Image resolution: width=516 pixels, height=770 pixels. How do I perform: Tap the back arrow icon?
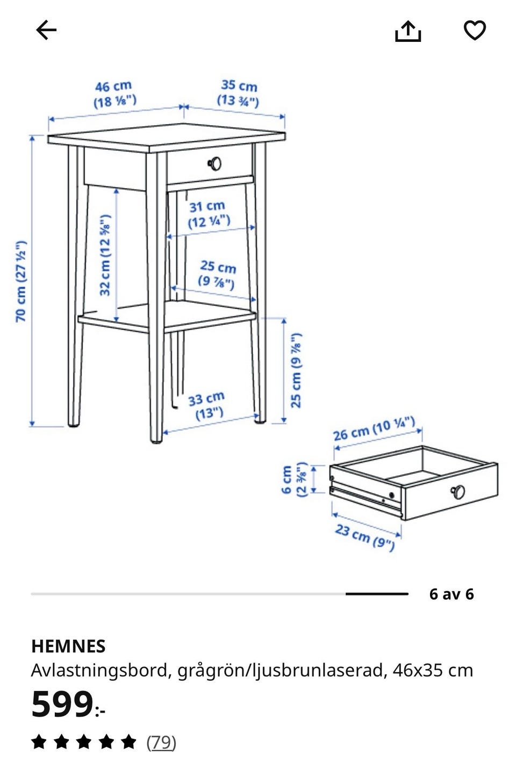coord(46,30)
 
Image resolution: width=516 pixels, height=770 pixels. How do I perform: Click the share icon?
coord(407,32)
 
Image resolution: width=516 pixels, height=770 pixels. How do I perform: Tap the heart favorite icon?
coord(475,30)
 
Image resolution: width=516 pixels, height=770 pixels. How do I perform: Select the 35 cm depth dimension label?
coord(239,93)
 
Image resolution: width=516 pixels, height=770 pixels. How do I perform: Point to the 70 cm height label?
coord(21,281)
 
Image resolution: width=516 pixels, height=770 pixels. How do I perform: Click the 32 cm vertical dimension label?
coord(105,255)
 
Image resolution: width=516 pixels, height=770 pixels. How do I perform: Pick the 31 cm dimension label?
coord(208,214)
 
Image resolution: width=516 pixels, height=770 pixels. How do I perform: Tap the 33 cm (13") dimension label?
coord(207,405)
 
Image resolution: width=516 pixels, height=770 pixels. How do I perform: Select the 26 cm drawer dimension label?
coord(374,428)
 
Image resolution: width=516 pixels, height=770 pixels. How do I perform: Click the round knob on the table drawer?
coord(215,164)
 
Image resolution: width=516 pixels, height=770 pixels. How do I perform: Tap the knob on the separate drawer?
coord(458,492)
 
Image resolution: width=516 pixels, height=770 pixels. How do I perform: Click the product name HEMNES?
coord(68,646)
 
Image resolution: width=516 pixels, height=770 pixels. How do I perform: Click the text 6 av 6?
coord(451,594)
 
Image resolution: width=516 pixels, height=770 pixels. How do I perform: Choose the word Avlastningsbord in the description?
coord(99,671)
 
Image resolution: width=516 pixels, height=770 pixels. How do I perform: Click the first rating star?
coord(39,742)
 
